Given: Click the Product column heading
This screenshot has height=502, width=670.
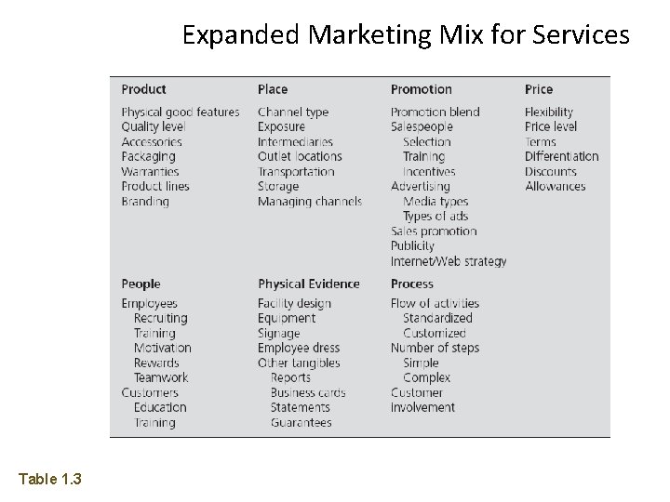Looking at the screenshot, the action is (x=143, y=89).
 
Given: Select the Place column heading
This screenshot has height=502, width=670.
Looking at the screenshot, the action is (x=273, y=89).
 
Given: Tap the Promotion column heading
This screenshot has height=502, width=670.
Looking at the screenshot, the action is (x=421, y=89).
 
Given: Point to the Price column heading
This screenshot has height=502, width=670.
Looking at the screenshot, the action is (x=538, y=89).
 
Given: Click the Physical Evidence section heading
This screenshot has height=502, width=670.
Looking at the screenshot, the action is (x=308, y=284).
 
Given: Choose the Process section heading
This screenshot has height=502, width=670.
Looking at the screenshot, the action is (x=411, y=284).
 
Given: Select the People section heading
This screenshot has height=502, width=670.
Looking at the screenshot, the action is (x=141, y=284).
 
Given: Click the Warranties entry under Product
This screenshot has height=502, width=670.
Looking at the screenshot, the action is (x=149, y=172).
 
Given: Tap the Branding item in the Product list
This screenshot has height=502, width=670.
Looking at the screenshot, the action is (x=144, y=202).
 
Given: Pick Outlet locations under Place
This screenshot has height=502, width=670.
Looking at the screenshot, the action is (x=300, y=157).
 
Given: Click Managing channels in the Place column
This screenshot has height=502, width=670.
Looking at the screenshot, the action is (x=309, y=202).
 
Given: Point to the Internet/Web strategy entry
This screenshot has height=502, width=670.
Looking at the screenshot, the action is (x=449, y=261).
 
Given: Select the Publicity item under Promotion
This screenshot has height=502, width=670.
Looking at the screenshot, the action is (x=412, y=246).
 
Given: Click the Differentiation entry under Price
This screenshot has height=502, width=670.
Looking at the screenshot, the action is (x=561, y=157).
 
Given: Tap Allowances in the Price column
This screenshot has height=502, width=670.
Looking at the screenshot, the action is (x=555, y=187).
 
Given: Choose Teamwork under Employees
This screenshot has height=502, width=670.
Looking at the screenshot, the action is (x=160, y=378).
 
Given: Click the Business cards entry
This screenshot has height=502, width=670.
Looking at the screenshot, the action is (x=307, y=393).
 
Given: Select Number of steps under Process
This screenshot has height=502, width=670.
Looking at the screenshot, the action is (x=435, y=349).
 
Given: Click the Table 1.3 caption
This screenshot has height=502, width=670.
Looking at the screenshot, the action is (x=50, y=479).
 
